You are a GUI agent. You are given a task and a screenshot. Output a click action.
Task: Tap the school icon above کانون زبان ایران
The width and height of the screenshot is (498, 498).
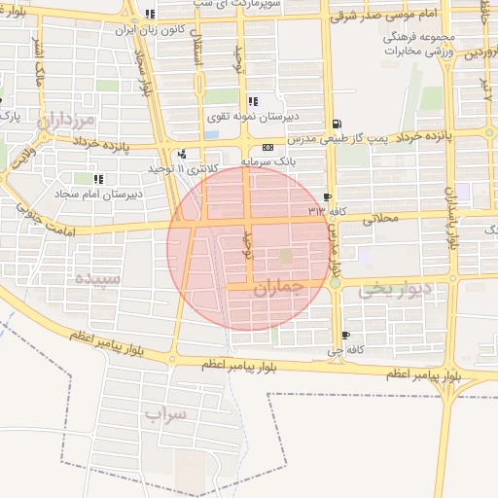[149, 15]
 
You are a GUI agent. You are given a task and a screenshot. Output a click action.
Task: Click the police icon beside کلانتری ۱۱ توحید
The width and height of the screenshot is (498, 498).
[182, 154]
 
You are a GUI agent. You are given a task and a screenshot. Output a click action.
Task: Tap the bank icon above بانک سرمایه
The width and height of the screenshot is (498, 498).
[267, 147]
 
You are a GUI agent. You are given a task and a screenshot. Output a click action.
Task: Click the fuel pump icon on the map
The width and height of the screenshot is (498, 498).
[337, 124]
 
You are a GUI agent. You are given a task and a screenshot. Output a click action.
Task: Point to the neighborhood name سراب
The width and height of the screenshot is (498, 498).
[165, 415]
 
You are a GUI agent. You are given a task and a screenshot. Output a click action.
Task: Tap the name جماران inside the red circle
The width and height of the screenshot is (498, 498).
[272, 289]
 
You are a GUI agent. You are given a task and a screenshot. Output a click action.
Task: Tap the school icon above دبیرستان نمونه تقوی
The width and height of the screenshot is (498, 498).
[253, 101]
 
